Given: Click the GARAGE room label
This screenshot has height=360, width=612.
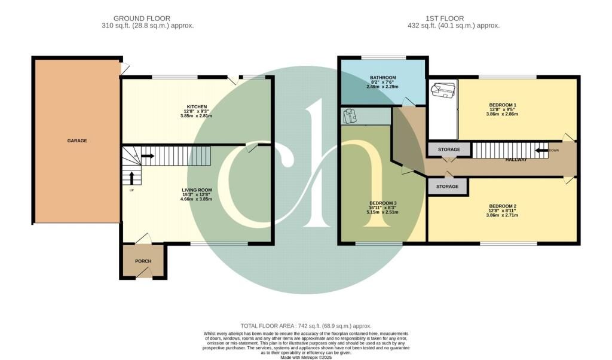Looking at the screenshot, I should point(76,141).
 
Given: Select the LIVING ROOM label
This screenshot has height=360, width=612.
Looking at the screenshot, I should point(197,190).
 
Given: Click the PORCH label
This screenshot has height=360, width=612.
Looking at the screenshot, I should point(143,261).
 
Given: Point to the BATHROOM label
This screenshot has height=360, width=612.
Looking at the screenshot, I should point(382,78).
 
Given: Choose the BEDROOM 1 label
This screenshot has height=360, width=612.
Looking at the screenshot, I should point(502,105).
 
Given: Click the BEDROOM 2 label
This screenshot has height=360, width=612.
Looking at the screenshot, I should point(502,206).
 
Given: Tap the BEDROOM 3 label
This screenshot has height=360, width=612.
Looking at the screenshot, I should point(382,203).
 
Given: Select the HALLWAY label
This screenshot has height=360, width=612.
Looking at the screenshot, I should point(516,160).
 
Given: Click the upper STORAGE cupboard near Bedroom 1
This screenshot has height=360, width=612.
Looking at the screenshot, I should point(449,150).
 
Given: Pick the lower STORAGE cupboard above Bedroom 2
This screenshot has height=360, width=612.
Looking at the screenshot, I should point(447,187).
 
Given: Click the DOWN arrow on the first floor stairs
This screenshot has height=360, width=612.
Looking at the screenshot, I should point(541,150).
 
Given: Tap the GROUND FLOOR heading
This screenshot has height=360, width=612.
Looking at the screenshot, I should point(142,19).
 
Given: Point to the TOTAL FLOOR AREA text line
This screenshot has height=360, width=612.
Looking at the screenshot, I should point(306,326).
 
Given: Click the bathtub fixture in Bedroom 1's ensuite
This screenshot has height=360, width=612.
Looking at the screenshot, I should point(443,90).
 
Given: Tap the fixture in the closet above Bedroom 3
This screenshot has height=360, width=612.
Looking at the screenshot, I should point(350,115).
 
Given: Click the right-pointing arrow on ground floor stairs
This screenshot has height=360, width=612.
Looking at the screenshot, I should point(147,156).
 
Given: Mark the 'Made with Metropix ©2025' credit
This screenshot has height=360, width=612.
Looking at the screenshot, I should point(306,358).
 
